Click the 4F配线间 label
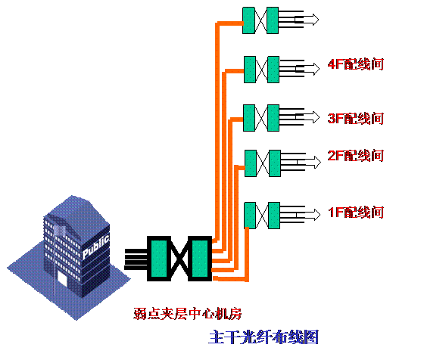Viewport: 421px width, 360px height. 356,64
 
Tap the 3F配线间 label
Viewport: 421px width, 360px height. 356,118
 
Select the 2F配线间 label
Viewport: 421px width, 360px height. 356,156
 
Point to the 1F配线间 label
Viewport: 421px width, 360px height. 356,213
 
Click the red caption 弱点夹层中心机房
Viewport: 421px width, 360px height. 188,313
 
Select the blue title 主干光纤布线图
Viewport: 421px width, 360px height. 264,337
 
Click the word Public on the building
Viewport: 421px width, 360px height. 95,247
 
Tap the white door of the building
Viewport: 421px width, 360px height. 62,279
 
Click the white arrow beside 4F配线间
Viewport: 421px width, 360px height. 307,69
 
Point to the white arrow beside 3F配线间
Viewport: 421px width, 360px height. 307,117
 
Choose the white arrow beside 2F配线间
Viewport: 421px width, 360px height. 309,163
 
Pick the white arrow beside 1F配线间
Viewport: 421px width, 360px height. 308,215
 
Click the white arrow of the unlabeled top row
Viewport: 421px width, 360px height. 307,20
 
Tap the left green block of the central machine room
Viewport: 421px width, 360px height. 159,259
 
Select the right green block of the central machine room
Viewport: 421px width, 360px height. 200,259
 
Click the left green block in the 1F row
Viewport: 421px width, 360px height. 250,216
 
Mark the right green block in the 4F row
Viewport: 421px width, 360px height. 273,70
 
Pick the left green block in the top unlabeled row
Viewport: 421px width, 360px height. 248,20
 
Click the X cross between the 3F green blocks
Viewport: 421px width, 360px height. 261,118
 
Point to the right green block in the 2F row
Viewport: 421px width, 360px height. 275,163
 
